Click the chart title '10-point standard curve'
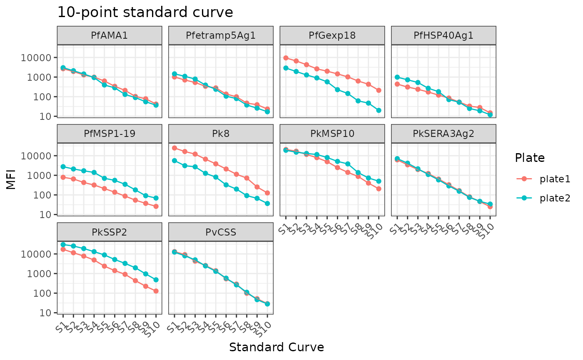coord(145,12)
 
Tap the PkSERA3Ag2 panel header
coord(443,134)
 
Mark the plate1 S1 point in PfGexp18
coord(286,58)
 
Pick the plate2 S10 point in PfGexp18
coord(379,110)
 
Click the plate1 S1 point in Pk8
coord(174,148)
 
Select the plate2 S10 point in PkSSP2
coord(156,280)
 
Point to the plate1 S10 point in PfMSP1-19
coord(156,206)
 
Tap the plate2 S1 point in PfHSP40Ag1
coord(397,77)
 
